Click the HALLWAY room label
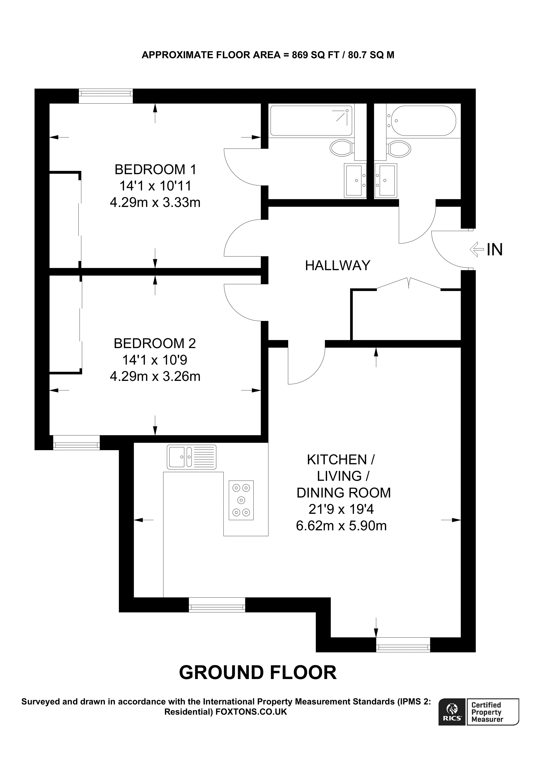point(337,266)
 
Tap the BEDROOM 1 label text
point(155,170)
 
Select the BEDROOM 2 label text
point(155,343)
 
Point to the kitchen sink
point(192,457)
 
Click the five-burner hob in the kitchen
point(241,500)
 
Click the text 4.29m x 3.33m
point(155,202)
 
